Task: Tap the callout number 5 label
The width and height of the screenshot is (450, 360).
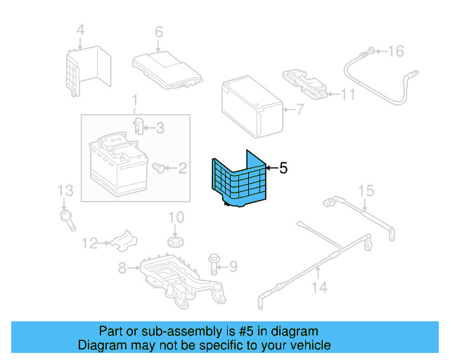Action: [x=283, y=168]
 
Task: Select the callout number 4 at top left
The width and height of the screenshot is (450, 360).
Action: [x=80, y=30]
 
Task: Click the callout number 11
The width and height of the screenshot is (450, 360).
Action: [x=348, y=94]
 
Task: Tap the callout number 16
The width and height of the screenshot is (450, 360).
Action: [x=397, y=51]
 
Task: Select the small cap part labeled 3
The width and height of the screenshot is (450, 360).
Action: [x=139, y=127]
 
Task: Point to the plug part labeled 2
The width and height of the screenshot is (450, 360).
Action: [x=160, y=168]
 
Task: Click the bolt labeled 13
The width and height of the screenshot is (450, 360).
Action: [x=69, y=217]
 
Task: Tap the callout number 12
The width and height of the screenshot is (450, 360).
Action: [x=89, y=244]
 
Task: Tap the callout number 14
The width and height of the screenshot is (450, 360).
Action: [x=319, y=288]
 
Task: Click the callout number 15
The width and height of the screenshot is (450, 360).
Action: [x=365, y=191]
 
